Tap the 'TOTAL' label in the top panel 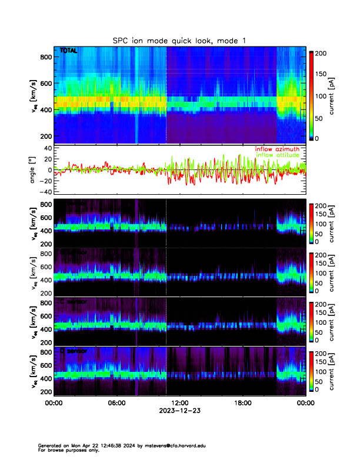[x=69, y=51]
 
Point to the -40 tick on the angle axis [x=43, y=192]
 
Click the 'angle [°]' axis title [x=34, y=170]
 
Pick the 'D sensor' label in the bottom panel [x=74, y=351]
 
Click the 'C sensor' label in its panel [x=74, y=301]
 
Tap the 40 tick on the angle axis [x=45, y=148]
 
